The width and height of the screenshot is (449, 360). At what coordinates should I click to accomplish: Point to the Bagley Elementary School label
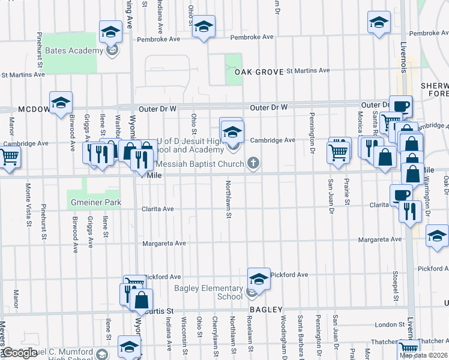coord(208,292)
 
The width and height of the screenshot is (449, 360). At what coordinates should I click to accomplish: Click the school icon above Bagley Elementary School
coord(259,278)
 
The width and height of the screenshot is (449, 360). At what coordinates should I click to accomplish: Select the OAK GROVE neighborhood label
coord(259,72)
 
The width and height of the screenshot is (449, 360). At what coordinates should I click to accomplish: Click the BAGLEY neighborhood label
coord(266,310)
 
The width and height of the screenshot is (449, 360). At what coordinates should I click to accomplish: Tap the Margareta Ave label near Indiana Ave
coord(164,244)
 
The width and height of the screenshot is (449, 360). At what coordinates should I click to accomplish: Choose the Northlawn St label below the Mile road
coord(229,199)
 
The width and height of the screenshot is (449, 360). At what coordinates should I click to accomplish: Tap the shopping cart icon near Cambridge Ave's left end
coord(9,157)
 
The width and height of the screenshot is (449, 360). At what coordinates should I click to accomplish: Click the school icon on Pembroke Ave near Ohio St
coord(203,27)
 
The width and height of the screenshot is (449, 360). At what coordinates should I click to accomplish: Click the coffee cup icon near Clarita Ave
coord(401,195)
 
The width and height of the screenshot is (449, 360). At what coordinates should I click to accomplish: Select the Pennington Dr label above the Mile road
coord(312,133)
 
